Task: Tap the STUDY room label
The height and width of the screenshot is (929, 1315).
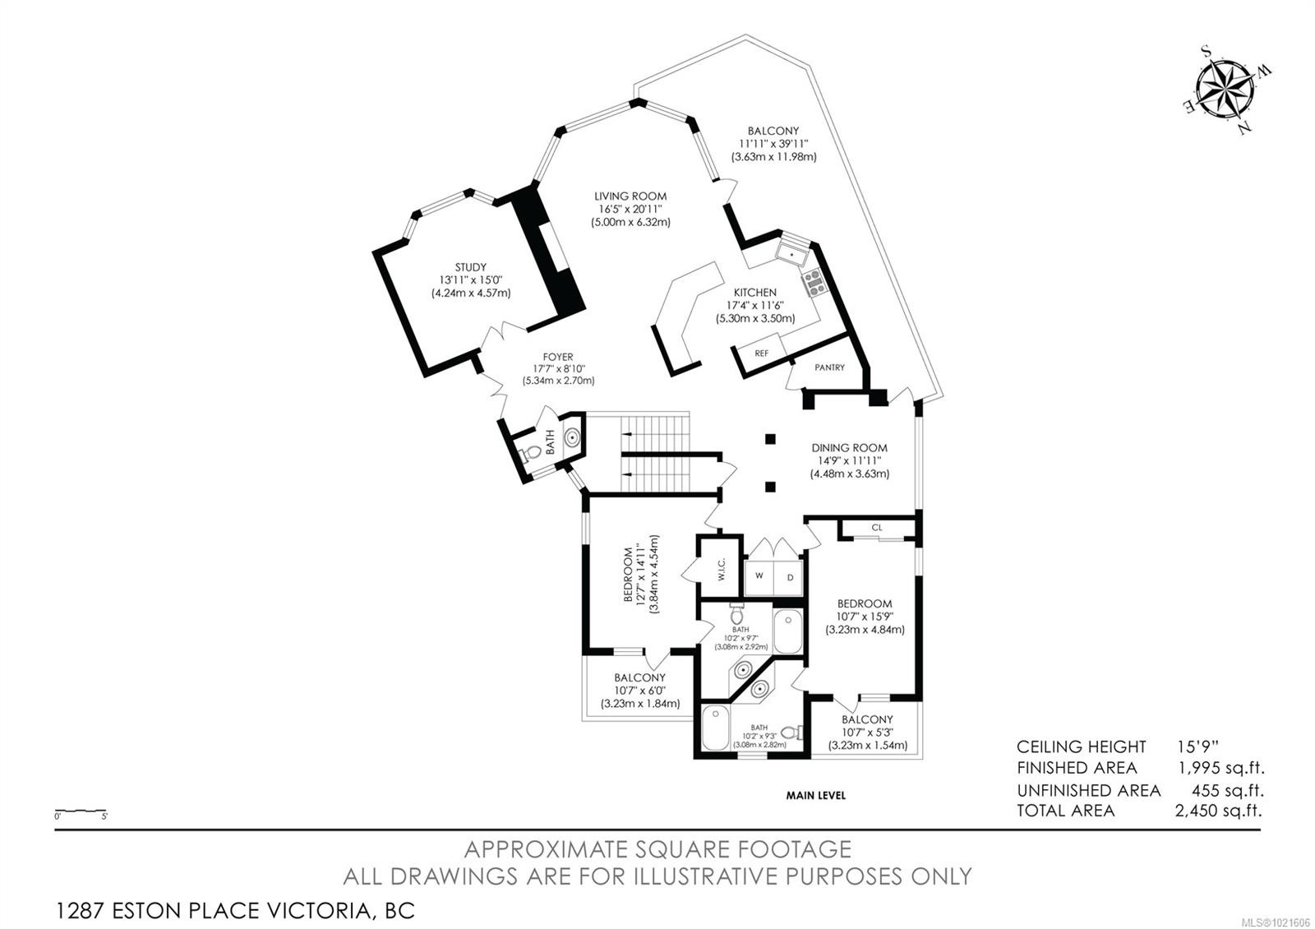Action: tap(471, 267)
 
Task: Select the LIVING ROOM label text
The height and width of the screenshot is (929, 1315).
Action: tap(630, 196)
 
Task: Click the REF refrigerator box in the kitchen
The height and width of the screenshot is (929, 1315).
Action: tap(762, 353)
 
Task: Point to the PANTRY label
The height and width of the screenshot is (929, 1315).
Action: tap(829, 367)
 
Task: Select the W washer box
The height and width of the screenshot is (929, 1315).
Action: tap(759, 576)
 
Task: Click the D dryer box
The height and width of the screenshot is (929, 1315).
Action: tap(790, 576)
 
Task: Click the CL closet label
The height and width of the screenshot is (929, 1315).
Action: tap(877, 528)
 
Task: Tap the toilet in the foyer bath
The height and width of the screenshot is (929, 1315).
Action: tap(533, 453)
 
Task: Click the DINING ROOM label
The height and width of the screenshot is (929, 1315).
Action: tap(849, 448)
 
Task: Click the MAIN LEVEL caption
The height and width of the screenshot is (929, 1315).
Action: tap(815, 795)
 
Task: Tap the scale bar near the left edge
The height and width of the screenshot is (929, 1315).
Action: tap(81, 811)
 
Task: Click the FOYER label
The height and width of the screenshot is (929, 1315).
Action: tap(558, 357)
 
